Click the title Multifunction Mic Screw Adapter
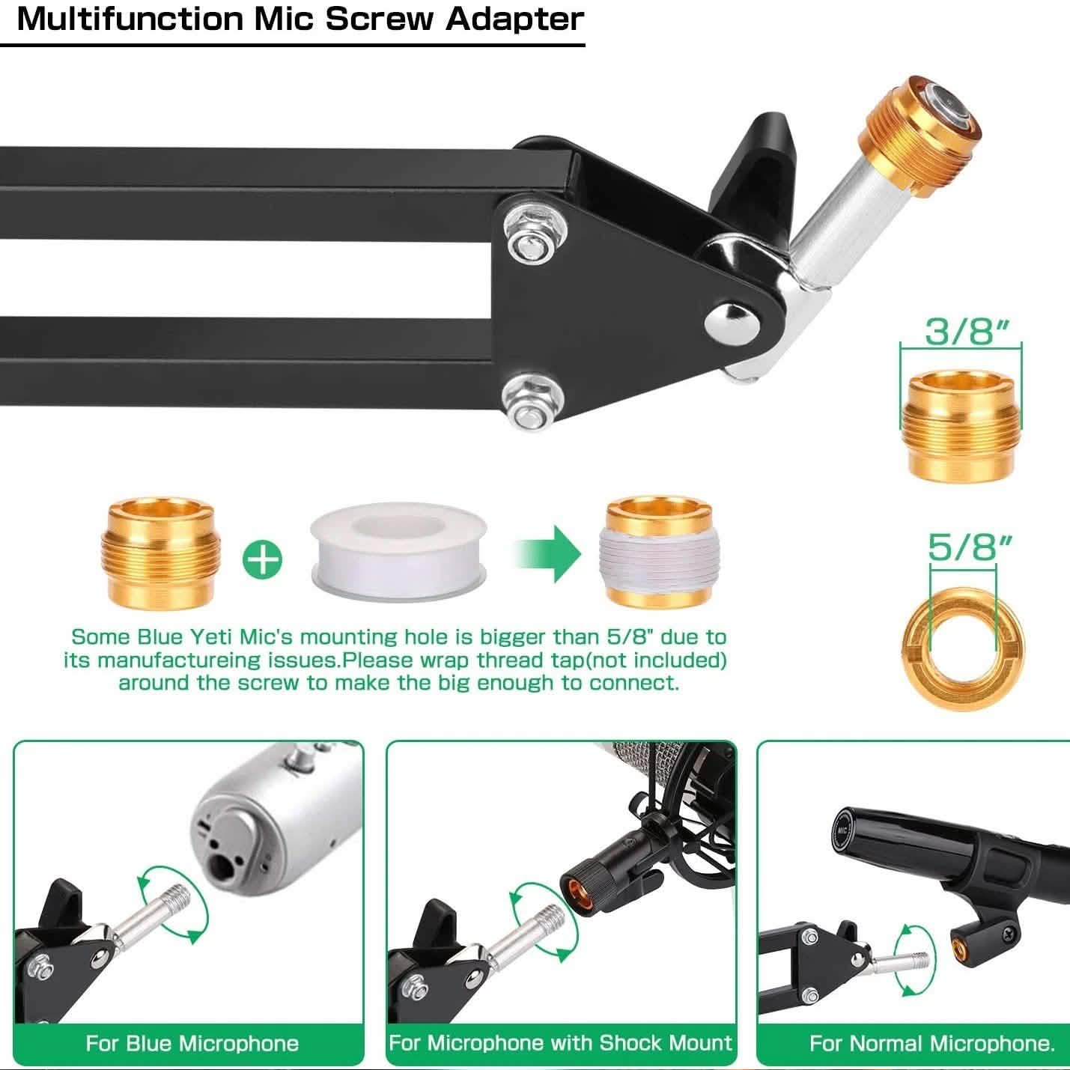(x=300, y=19)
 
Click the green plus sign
(x=262, y=559)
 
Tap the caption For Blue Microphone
(x=192, y=1043)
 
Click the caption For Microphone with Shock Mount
(x=561, y=1043)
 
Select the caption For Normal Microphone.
(x=931, y=1043)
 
